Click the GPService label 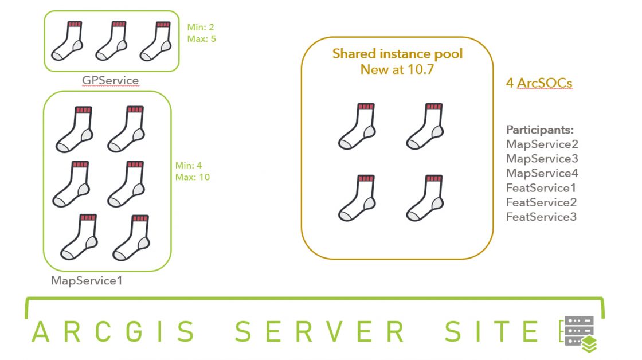(110, 80)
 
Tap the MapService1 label (87, 280)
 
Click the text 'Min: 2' (201, 28)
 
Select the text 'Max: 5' (201, 39)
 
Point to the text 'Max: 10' (193, 177)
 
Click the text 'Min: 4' (189, 166)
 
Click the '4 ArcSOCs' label (539, 83)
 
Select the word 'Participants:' (540, 130)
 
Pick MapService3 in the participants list (542, 158)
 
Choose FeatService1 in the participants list (541, 188)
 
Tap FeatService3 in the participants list (541, 217)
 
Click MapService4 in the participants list (542, 173)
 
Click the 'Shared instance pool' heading (398, 54)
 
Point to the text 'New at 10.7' (397, 69)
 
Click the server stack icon (579, 334)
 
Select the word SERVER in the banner (320, 331)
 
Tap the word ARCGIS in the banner (114, 331)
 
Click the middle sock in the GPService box (111, 41)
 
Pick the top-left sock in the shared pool (357, 126)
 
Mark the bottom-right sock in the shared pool (425, 198)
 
